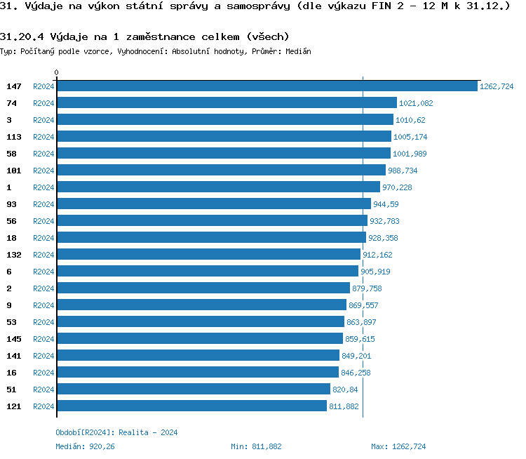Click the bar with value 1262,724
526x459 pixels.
(x=267, y=86)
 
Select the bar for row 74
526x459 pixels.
(x=227, y=102)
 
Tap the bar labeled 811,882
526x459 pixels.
(x=191, y=406)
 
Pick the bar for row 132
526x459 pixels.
(x=208, y=254)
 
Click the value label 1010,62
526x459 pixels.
(x=410, y=120)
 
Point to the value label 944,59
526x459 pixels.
(x=386, y=204)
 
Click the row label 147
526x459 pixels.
(x=14, y=86)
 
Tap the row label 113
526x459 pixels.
(x=14, y=137)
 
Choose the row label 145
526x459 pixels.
(x=14, y=339)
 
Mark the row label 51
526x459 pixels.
(x=11, y=390)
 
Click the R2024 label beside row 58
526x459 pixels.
(x=43, y=154)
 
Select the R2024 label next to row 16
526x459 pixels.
(x=43, y=373)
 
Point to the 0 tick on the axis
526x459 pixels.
(x=57, y=73)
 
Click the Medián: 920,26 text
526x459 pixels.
(x=85, y=446)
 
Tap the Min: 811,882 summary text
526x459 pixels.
(x=256, y=446)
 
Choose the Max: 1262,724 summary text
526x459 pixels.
(x=398, y=446)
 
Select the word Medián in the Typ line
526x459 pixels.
(x=298, y=52)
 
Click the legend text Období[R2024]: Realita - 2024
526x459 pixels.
(x=116, y=432)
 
